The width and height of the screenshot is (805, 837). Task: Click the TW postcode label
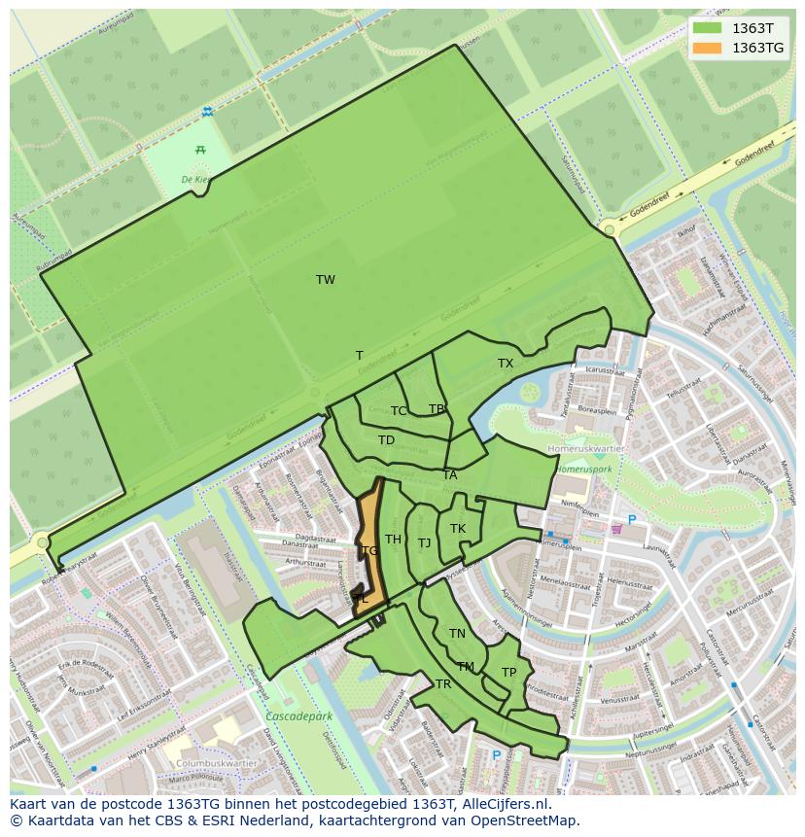tap(326, 280)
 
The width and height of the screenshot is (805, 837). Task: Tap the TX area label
tap(506, 364)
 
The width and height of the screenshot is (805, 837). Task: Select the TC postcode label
tap(399, 411)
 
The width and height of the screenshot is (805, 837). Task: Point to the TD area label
tap(386, 440)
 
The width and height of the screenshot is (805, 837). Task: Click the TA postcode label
tap(449, 475)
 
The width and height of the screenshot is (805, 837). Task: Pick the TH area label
tap(393, 540)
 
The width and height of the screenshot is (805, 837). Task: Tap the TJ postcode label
tap(424, 543)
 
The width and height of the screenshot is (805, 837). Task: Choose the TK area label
tap(458, 529)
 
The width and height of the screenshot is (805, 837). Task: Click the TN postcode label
tap(457, 634)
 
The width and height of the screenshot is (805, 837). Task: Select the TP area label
tap(508, 673)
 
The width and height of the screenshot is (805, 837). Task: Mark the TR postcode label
tap(443, 684)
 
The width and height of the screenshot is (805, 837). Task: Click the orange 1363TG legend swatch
tap(708, 48)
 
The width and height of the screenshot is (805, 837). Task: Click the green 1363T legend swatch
tap(708, 28)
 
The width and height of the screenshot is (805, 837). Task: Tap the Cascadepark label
tap(297, 716)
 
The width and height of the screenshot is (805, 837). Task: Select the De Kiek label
tap(196, 180)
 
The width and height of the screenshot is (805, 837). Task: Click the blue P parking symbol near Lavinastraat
tap(632, 521)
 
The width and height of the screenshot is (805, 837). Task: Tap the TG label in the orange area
tap(369, 551)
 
